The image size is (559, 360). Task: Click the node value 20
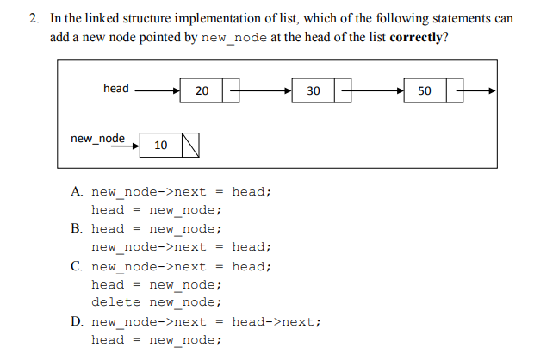202,90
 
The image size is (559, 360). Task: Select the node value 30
313,90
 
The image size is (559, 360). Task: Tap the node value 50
425,90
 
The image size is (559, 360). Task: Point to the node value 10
160,146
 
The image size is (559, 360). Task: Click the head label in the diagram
115,88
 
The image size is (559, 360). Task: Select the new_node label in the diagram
97,138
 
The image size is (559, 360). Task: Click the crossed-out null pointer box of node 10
190,146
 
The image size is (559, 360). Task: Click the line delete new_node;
157,302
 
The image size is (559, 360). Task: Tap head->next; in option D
276,322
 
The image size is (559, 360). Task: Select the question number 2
33,19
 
